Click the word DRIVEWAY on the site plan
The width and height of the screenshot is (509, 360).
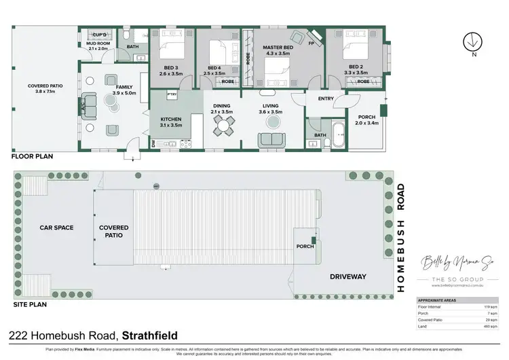click(347, 276)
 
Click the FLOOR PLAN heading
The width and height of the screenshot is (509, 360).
click(31, 156)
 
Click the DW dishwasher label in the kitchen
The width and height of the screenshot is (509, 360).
click(153, 143)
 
